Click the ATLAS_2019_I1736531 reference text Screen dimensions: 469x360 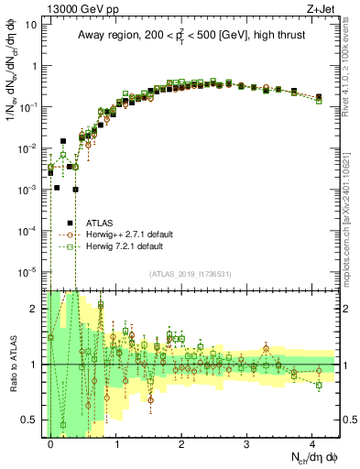pyautogui.click(x=191, y=274)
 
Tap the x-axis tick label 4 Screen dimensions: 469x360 pyautogui.click(x=313, y=443)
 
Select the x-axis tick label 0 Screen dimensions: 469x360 pyautogui.click(x=50, y=443)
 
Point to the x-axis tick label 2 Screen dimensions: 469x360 pyautogui.click(x=181, y=443)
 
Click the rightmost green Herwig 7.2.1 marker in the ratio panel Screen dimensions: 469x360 pyautogui.click(x=319, y=385)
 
